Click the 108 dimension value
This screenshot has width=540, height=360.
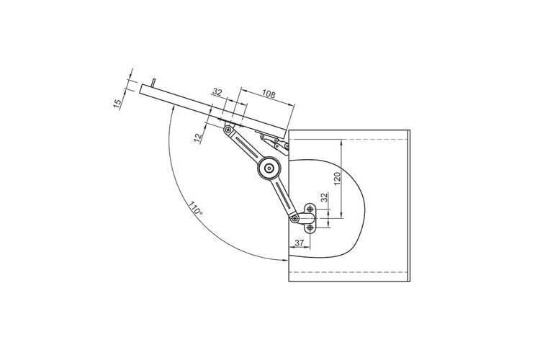(269, 94)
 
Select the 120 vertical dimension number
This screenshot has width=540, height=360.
(337, 179)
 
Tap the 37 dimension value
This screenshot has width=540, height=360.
(300, 243)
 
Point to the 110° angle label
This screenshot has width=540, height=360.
(195, 209)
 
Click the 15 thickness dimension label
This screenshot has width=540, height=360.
(117, 104)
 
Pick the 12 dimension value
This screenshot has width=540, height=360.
(198, 138)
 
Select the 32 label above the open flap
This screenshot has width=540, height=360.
(217, 92)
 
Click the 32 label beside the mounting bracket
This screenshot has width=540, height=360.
(324, 197)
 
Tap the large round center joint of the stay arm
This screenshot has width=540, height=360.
(269, 168)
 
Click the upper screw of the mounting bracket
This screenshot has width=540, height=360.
(310, 209)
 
